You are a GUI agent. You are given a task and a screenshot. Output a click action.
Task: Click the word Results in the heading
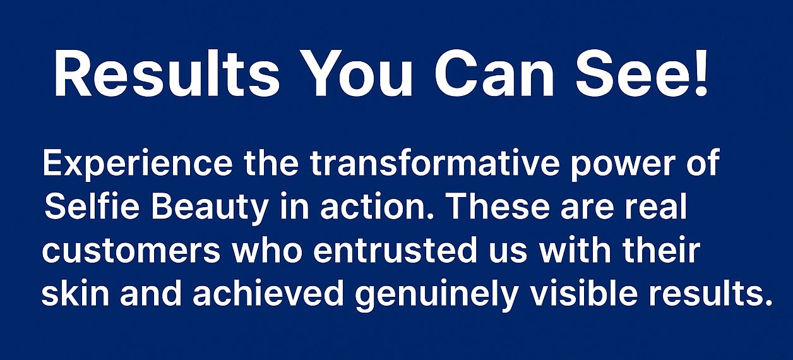click(x=167, y=73)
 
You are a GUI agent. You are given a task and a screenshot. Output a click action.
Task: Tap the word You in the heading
click(x=357, y=73)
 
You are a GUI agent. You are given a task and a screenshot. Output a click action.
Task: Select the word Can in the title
click(x=494, y=73)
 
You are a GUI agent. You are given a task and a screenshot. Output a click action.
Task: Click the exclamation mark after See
click(x=701, y=73)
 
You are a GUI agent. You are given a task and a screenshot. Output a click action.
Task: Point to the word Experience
click(x=138, y=164)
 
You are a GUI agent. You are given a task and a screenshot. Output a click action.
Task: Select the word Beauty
click(x=210, y=209)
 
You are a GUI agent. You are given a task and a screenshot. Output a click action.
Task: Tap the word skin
click(x=75, y=293)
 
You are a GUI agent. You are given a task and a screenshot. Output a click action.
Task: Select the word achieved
click(x=268, y=293)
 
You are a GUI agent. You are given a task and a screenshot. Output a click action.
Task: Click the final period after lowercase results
click(x=767, y=303)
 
